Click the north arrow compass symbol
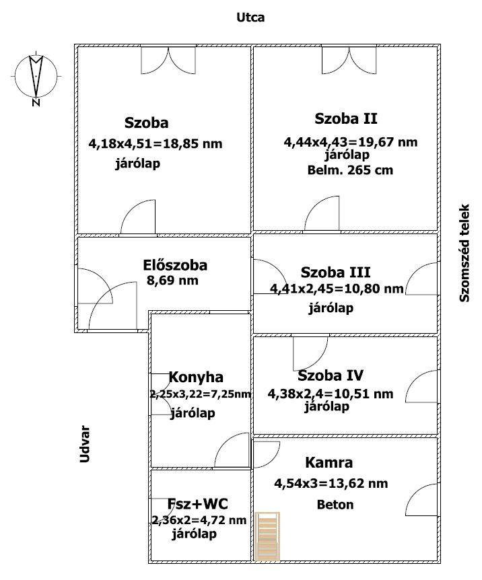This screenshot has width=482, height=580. coord(36,78)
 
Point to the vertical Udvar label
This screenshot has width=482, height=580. coord(85,444)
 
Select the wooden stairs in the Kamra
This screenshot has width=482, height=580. coord(268,535)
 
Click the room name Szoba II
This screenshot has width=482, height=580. coord(346,119)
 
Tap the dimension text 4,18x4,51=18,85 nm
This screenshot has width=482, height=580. coord(155,143)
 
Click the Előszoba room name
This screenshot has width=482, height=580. coord(175,265)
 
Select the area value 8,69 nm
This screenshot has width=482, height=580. coord(172,281)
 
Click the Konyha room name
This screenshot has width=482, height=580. coord(196,377)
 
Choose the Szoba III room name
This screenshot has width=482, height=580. coord(335,273)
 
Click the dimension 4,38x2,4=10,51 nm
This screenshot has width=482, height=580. coord(330,394)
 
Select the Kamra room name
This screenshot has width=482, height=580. coord(329,463)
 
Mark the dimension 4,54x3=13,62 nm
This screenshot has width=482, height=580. coord(331,483)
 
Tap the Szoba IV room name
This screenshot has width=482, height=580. coord(331,375)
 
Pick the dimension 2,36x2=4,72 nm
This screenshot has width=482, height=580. coord(199,519)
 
